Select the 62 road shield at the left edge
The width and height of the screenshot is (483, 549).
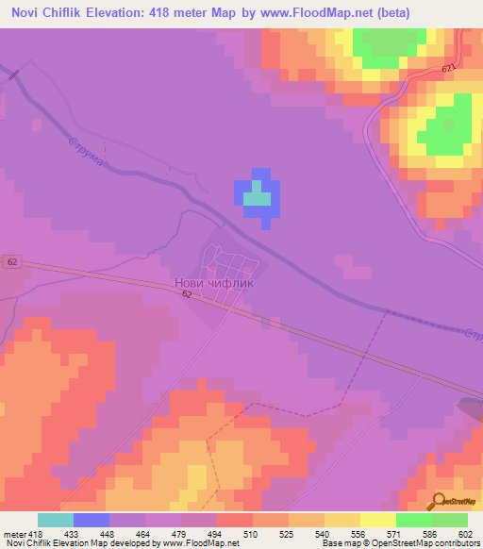tap(10, 261)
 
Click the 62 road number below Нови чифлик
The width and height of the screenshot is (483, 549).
tap(187, 295)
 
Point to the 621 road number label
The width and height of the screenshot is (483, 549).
tap(447, 69)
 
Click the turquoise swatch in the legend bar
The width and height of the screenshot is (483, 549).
tap(55, 520)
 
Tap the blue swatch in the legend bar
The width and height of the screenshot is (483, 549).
tap(91, 520)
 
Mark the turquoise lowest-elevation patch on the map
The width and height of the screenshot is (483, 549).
tap(256, 197)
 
